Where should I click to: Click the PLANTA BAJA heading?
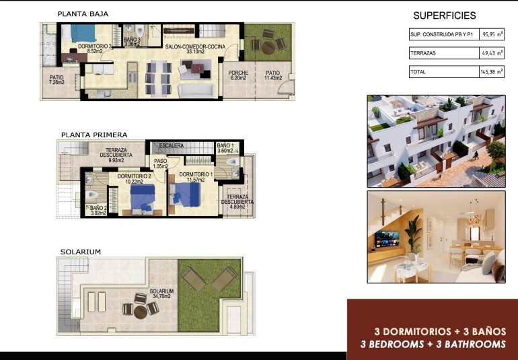tap(83, 13)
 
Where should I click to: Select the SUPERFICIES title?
tap(444, 15)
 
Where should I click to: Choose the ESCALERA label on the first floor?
tap(172, 145)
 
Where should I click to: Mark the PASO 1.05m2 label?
tap(160, 164)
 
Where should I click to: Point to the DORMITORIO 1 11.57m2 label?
tap(196, 178)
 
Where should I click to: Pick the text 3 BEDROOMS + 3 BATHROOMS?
tap(433, 344)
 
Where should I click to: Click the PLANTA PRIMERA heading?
tap(94, 135)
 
